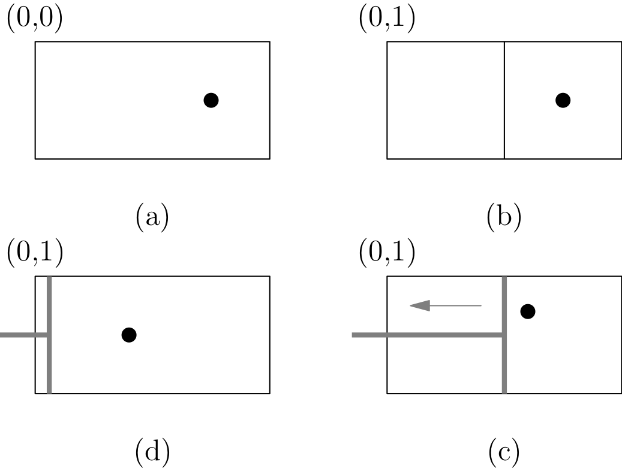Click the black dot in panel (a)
click(x=211, y=100)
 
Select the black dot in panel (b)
click(x=563, y=100)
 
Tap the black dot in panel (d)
click(x=129, y=335)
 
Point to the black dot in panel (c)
click(x=528, y=311)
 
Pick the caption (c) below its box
click(x=504, y=453)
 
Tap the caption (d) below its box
click(x=152, y=453)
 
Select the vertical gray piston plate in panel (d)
click(x=49, y=360)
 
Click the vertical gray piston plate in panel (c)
click(x=504, y=366)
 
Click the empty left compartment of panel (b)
click(x=446, y=100)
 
